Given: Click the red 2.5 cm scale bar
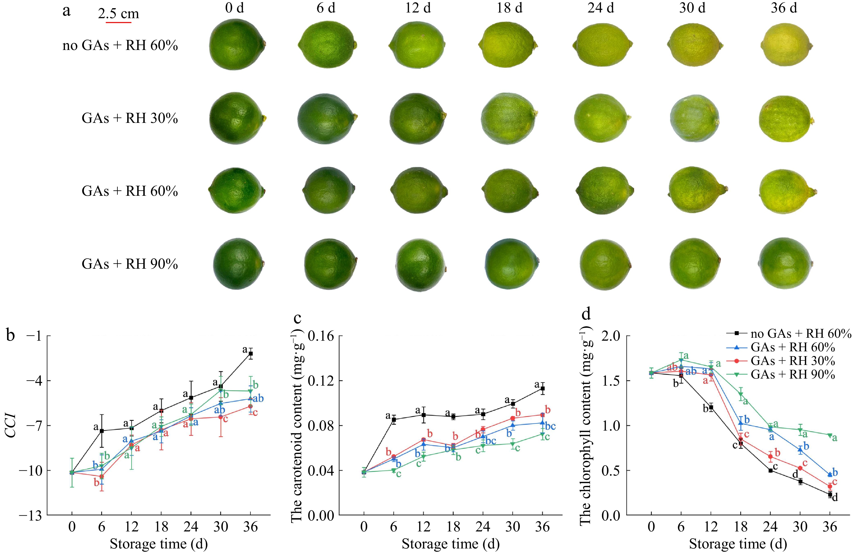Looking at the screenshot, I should point(118,22).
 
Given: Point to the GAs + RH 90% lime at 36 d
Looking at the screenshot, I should point(785,264).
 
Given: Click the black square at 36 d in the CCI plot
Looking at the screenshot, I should point(251,353).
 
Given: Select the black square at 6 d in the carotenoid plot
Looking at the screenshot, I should point(394,419).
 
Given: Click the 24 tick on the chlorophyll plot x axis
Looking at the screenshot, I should point(770,527).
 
